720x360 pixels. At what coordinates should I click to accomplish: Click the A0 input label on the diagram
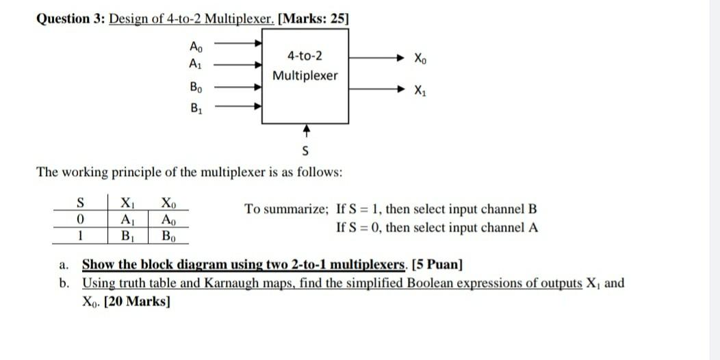tap(196, 47)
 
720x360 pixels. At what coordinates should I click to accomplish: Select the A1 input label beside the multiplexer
tap(196, 64)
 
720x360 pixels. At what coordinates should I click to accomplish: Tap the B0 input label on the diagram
tap(196, 88)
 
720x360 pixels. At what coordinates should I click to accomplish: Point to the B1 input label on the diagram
tap(196, 107)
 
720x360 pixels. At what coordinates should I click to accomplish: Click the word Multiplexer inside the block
tap(305, 75)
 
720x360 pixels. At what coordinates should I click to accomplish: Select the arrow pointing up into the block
tap(306, 130)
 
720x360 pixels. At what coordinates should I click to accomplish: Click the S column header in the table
tap(80, 203)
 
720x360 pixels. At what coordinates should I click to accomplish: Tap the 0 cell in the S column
tap(80, 220)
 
